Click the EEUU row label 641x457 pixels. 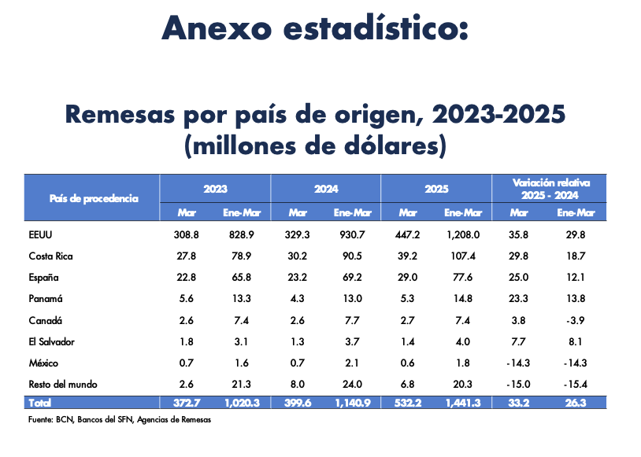(39, 234)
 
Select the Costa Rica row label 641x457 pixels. (50, 256)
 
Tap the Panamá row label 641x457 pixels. (44, 299)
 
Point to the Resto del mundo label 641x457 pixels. (62, 385)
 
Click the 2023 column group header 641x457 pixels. (215, 189)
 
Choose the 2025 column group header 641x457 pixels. (435, 189)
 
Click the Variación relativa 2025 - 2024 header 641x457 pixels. (551, 188)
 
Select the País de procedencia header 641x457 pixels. (94, 198)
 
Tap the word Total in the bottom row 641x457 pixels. (39, 403)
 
